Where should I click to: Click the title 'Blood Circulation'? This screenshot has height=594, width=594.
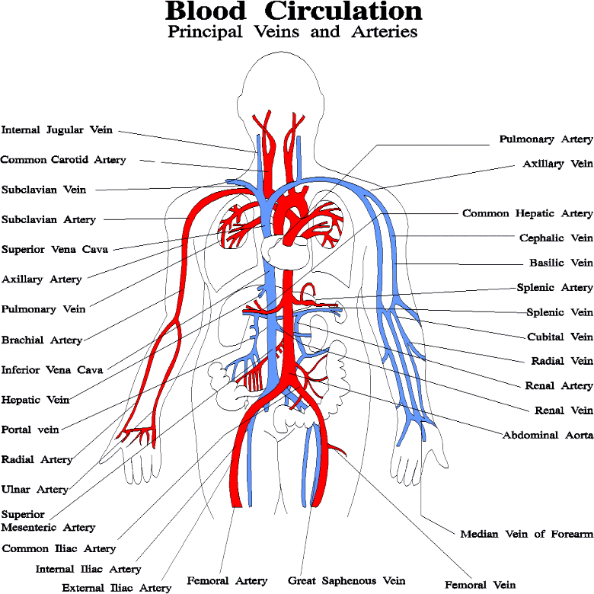click(x=293, y=11)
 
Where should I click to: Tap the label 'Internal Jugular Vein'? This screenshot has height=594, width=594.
click(x=57, y=130)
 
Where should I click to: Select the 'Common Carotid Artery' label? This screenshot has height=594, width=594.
click(x=63, y=160)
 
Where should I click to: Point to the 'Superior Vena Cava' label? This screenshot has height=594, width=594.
click(x=55, y=249)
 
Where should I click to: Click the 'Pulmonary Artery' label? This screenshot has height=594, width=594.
click(x=545, y=139)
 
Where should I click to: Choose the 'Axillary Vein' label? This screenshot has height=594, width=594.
click(x=557, y=164)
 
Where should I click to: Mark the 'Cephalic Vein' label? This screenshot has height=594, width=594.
click(x=555, y=238)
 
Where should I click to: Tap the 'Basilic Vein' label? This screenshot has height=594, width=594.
click(x=560, y=263)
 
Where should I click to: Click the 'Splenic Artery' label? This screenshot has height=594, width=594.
click(x=554, y=288)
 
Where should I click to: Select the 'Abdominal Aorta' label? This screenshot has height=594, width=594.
click(x=547, y=436)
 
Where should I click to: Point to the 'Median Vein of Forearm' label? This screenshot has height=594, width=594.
click(x=526, y=534)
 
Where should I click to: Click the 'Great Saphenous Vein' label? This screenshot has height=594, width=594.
click(x=346, y=581)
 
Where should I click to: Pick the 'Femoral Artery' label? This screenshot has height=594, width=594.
click(x=227, y=581)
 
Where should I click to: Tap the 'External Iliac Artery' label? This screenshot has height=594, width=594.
click(x=117, y=588)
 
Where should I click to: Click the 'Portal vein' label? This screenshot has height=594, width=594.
click(x=30, y=430)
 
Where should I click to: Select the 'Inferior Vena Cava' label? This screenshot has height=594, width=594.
click(x=52, y=370)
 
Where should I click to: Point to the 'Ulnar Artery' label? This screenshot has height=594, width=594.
click(x=35, y=490)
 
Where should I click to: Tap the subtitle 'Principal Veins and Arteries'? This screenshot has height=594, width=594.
click(x=292, y=33)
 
